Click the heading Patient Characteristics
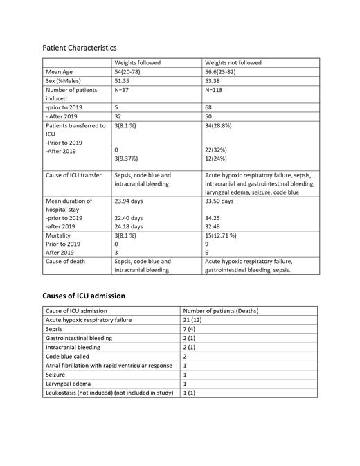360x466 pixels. click(x=80, y=48)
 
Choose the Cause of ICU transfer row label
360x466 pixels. click(x=75, y=175)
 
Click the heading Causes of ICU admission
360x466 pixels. click(x=84, y=296)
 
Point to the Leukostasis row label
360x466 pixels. click(x=102, y=392)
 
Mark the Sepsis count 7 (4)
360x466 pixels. click(x=190, y=329)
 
